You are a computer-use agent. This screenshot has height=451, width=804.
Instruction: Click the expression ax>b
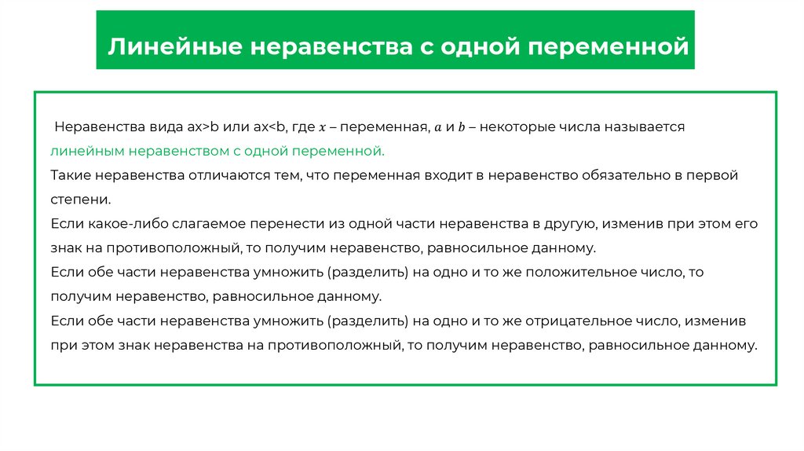[x=203, y=126]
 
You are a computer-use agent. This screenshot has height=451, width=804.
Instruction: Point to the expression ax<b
[x=269, y=126]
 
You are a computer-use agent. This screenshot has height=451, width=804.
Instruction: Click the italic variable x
[x=323, y=126]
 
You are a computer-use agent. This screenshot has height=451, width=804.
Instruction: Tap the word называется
[x=647, y=126]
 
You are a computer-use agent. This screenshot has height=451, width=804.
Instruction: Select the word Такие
[x=70, y=174]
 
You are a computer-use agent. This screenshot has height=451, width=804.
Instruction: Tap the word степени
[x=80, y=199]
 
